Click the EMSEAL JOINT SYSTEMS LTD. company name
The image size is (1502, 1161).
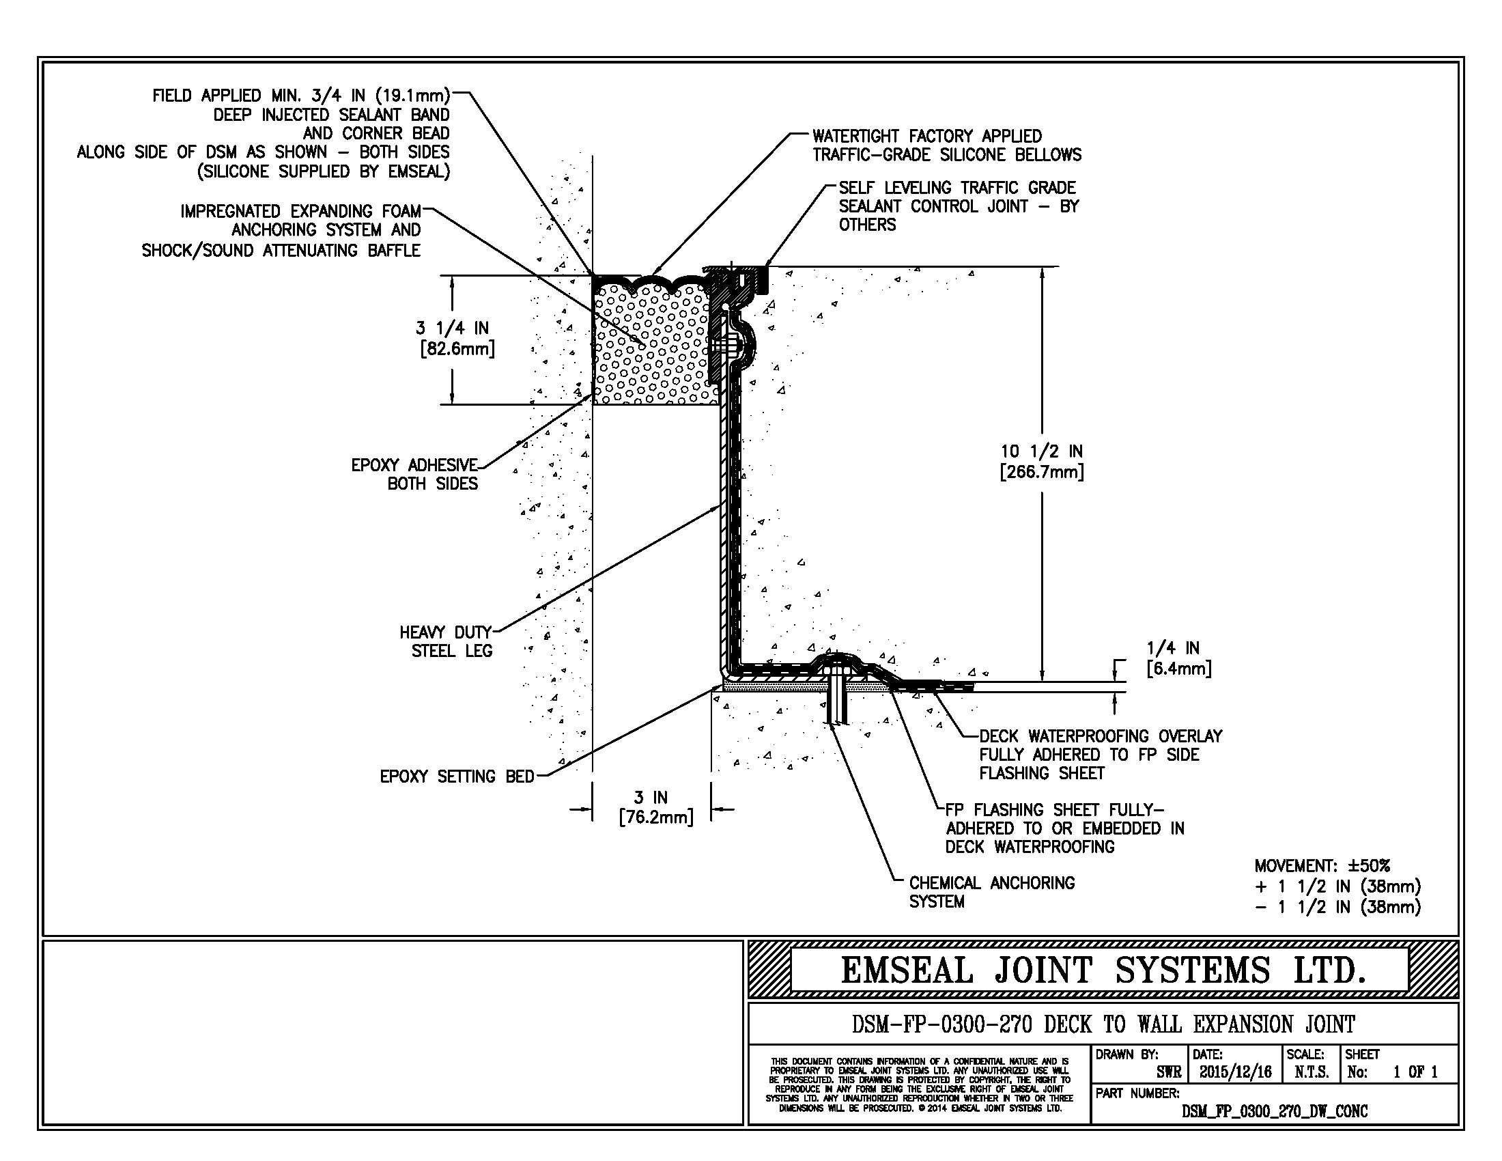[1103, 970]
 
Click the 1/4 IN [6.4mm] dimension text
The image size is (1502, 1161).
[1178, 658]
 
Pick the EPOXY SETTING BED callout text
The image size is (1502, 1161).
[457, 777]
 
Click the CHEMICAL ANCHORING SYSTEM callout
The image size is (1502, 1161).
[991, 892]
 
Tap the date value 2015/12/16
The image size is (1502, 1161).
[1235, 1072]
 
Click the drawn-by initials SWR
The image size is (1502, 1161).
[1168, 1072]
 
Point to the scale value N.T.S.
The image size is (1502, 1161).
[1312, 1072]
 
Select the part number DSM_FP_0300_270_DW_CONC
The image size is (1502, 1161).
[1275, 1111]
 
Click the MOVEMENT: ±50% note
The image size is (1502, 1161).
[1321, 865]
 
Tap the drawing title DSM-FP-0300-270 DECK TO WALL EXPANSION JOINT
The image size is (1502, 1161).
[1103, 1025]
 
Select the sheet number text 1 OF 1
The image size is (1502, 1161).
[1415, 1072]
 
